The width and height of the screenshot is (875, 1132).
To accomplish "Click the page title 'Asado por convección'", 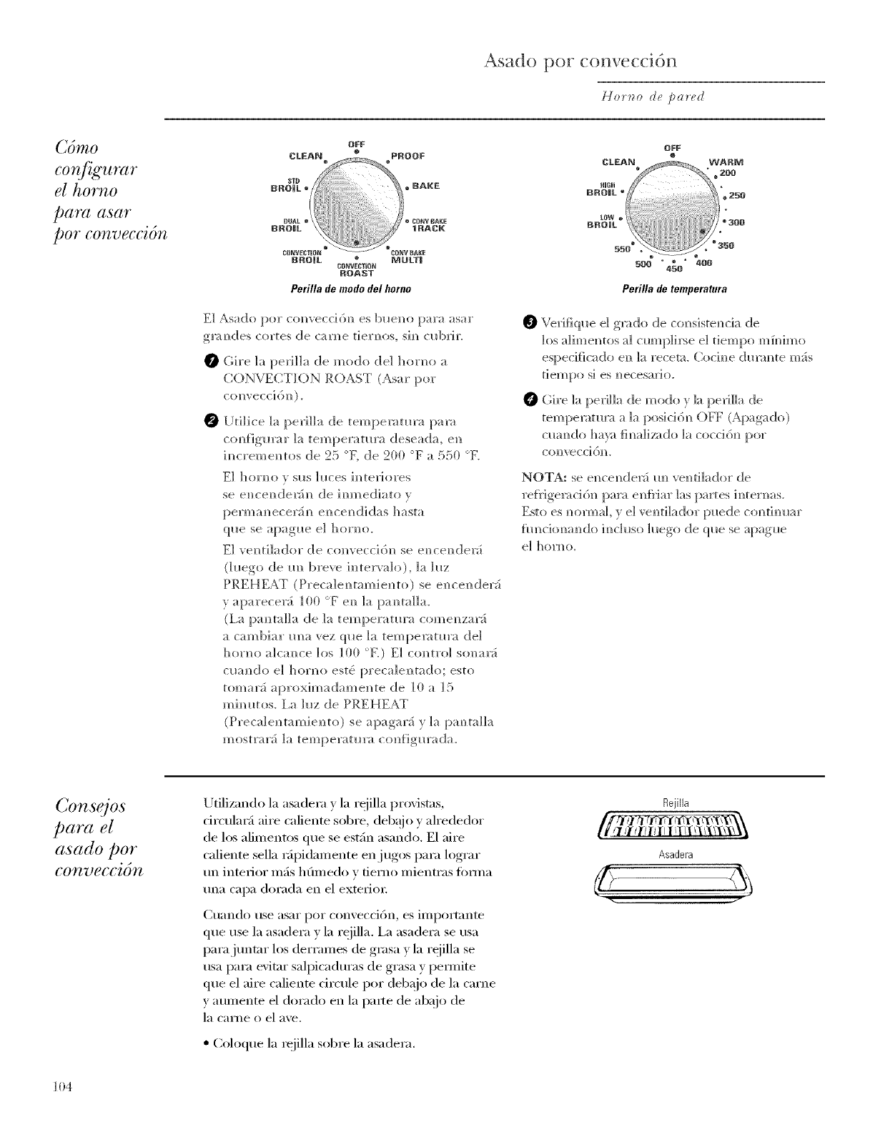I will [579, 61].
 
